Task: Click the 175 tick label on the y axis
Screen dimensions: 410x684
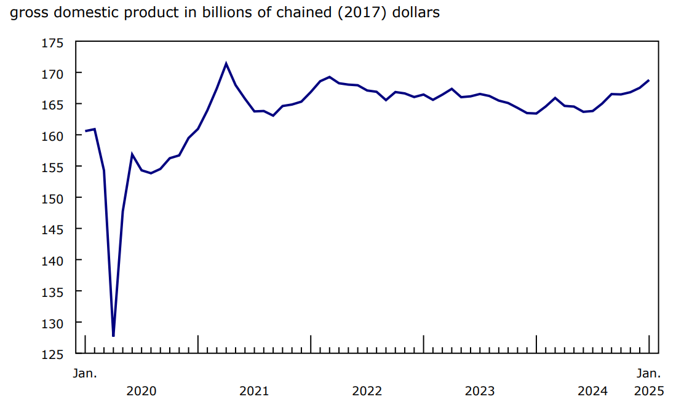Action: click(x=54, y=42)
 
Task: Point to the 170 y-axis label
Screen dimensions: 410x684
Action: click(x=54, y=74)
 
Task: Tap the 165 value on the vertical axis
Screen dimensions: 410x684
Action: click(x=54, y=104)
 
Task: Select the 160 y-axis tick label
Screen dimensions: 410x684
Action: click(x=54, y=136)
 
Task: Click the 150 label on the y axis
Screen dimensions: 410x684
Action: click(x=54, y=198)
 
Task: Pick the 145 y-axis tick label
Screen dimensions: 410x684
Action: click(x=54, y=229)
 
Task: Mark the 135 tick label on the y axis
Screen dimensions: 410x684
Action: click(x=54, y=291)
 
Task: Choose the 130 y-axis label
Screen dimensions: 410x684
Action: click(x=54, y=323)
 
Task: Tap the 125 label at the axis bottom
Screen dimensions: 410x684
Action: click(x=54, y=354)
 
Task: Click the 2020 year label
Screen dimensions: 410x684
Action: click(x=141, y=391)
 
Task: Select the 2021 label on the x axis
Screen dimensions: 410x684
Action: click(x=254, y=391)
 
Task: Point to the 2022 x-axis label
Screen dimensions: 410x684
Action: click(x=367, y=391)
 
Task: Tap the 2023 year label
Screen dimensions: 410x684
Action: click(x=480, y=391)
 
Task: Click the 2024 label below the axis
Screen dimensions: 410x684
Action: click(x=593, y=391)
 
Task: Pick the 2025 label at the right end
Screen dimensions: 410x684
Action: click(x=648, y=391)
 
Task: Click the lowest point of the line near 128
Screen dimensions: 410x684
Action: click(x=113, y=336)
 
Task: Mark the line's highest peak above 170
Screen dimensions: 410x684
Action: click(x=226, y=63)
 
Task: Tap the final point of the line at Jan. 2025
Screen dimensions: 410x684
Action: click(x=650, y=81)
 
